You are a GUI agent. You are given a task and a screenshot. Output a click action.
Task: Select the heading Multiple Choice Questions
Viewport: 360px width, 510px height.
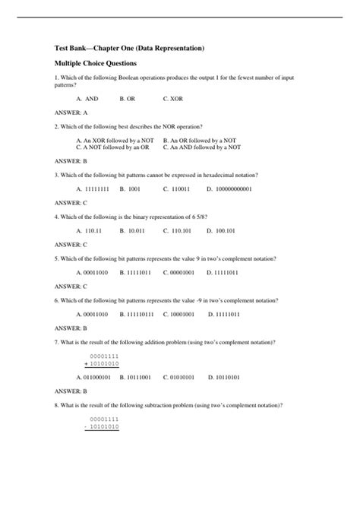[101, 66]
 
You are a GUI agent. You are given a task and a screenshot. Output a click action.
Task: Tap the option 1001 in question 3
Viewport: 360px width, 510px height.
[130, 188]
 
